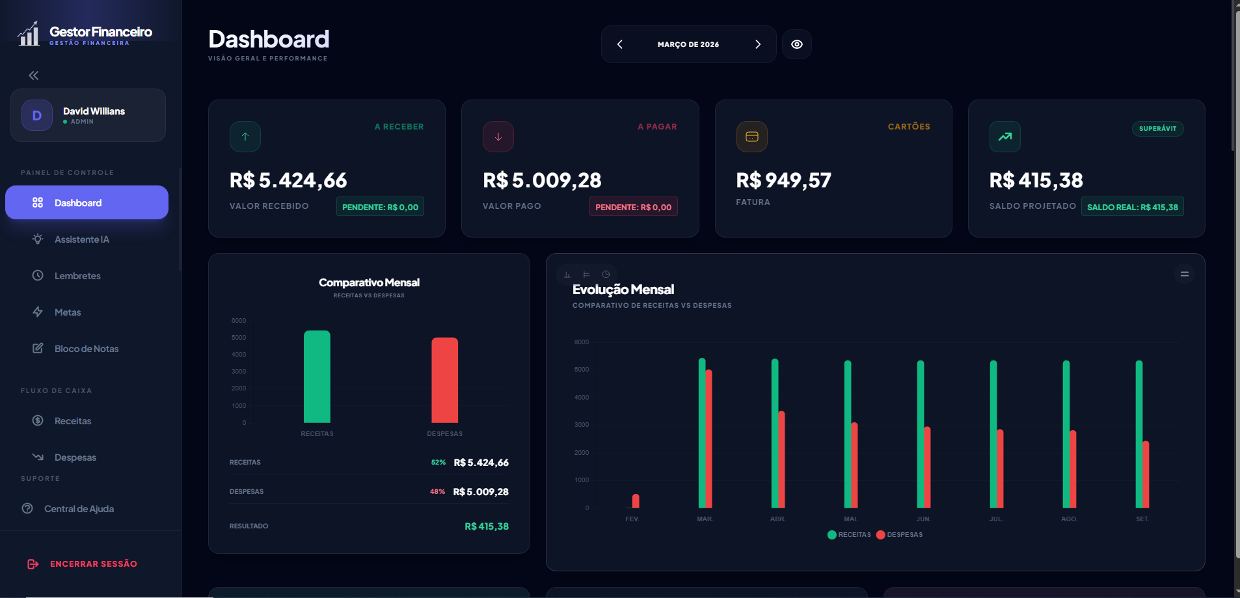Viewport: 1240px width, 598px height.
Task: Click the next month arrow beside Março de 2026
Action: [x=757, y=44]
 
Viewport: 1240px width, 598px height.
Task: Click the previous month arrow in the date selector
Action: [x=620, y=44]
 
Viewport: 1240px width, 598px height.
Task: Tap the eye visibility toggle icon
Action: [x=796, y=44]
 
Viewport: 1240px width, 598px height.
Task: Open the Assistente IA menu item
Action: [x=81, y=239]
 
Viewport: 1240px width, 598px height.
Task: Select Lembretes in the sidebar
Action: [x=77, y=276]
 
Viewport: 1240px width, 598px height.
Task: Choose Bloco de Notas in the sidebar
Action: [x=86, y=349]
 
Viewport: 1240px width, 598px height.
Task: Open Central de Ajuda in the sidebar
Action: [x=78, y=509]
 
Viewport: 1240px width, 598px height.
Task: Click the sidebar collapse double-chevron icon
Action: [x=34, y=75]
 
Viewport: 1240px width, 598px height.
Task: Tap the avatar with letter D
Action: [x=37, y=115]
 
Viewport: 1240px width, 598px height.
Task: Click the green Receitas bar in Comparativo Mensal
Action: [x=317, y=377]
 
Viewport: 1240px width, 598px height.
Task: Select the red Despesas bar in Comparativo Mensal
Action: [x=445, y=381]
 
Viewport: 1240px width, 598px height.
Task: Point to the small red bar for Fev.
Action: [x=636, y=501]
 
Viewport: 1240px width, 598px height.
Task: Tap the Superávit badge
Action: [x=1157, y=129]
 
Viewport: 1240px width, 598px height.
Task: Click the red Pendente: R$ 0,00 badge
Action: [x=633, y=207]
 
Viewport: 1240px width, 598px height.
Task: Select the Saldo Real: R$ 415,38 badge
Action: [x=1132, y=207]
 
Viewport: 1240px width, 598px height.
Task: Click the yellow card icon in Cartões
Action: [x=751, y=137]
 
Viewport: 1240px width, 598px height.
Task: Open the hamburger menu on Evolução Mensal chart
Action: [x=1184, y=275]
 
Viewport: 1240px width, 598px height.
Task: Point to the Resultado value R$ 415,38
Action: [x=487, y=526]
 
